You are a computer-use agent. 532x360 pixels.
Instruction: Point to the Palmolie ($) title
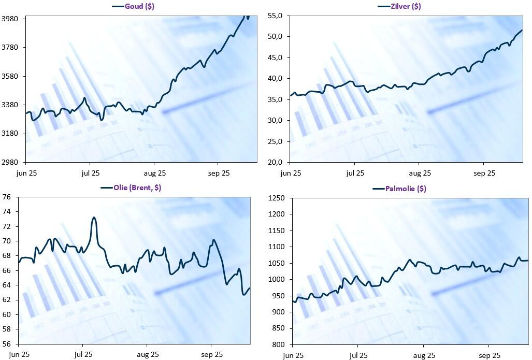(x=406, y=189)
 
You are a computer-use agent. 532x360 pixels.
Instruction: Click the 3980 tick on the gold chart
(x=10, y=19)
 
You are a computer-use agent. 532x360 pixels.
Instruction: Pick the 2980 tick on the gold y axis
(x=10, y=162)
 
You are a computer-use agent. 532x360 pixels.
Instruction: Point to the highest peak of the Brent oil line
(x=94, y=218)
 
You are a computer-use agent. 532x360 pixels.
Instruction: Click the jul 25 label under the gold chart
(x=91, y=173)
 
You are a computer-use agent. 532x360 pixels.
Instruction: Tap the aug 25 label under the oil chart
(x=147, y=355)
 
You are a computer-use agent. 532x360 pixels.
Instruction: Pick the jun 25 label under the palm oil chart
(x=293, y=355)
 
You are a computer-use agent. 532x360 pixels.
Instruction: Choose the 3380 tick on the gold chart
(x=10, y=105)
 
